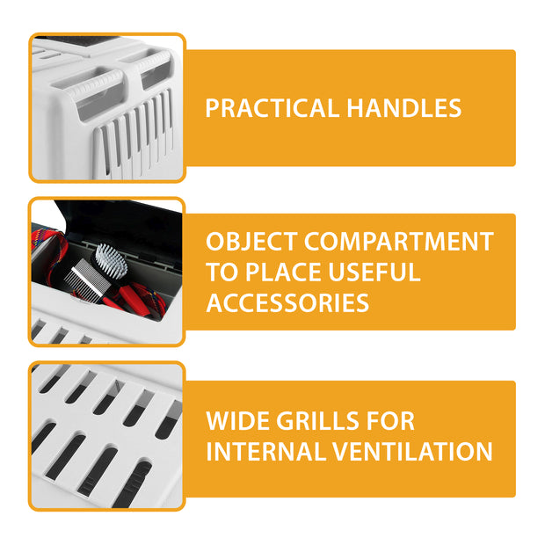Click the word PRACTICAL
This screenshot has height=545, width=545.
272,108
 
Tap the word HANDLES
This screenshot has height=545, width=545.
403,108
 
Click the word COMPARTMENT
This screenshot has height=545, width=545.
399,242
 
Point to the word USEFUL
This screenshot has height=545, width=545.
374,272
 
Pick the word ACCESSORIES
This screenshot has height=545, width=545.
287,302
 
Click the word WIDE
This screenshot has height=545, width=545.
237,421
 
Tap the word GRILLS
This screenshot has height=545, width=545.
321,421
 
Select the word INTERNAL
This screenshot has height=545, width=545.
265,451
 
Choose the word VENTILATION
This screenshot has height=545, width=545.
412,451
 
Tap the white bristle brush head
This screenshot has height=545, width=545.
112,260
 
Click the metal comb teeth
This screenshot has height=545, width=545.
81,278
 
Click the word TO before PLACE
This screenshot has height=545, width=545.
222,272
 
